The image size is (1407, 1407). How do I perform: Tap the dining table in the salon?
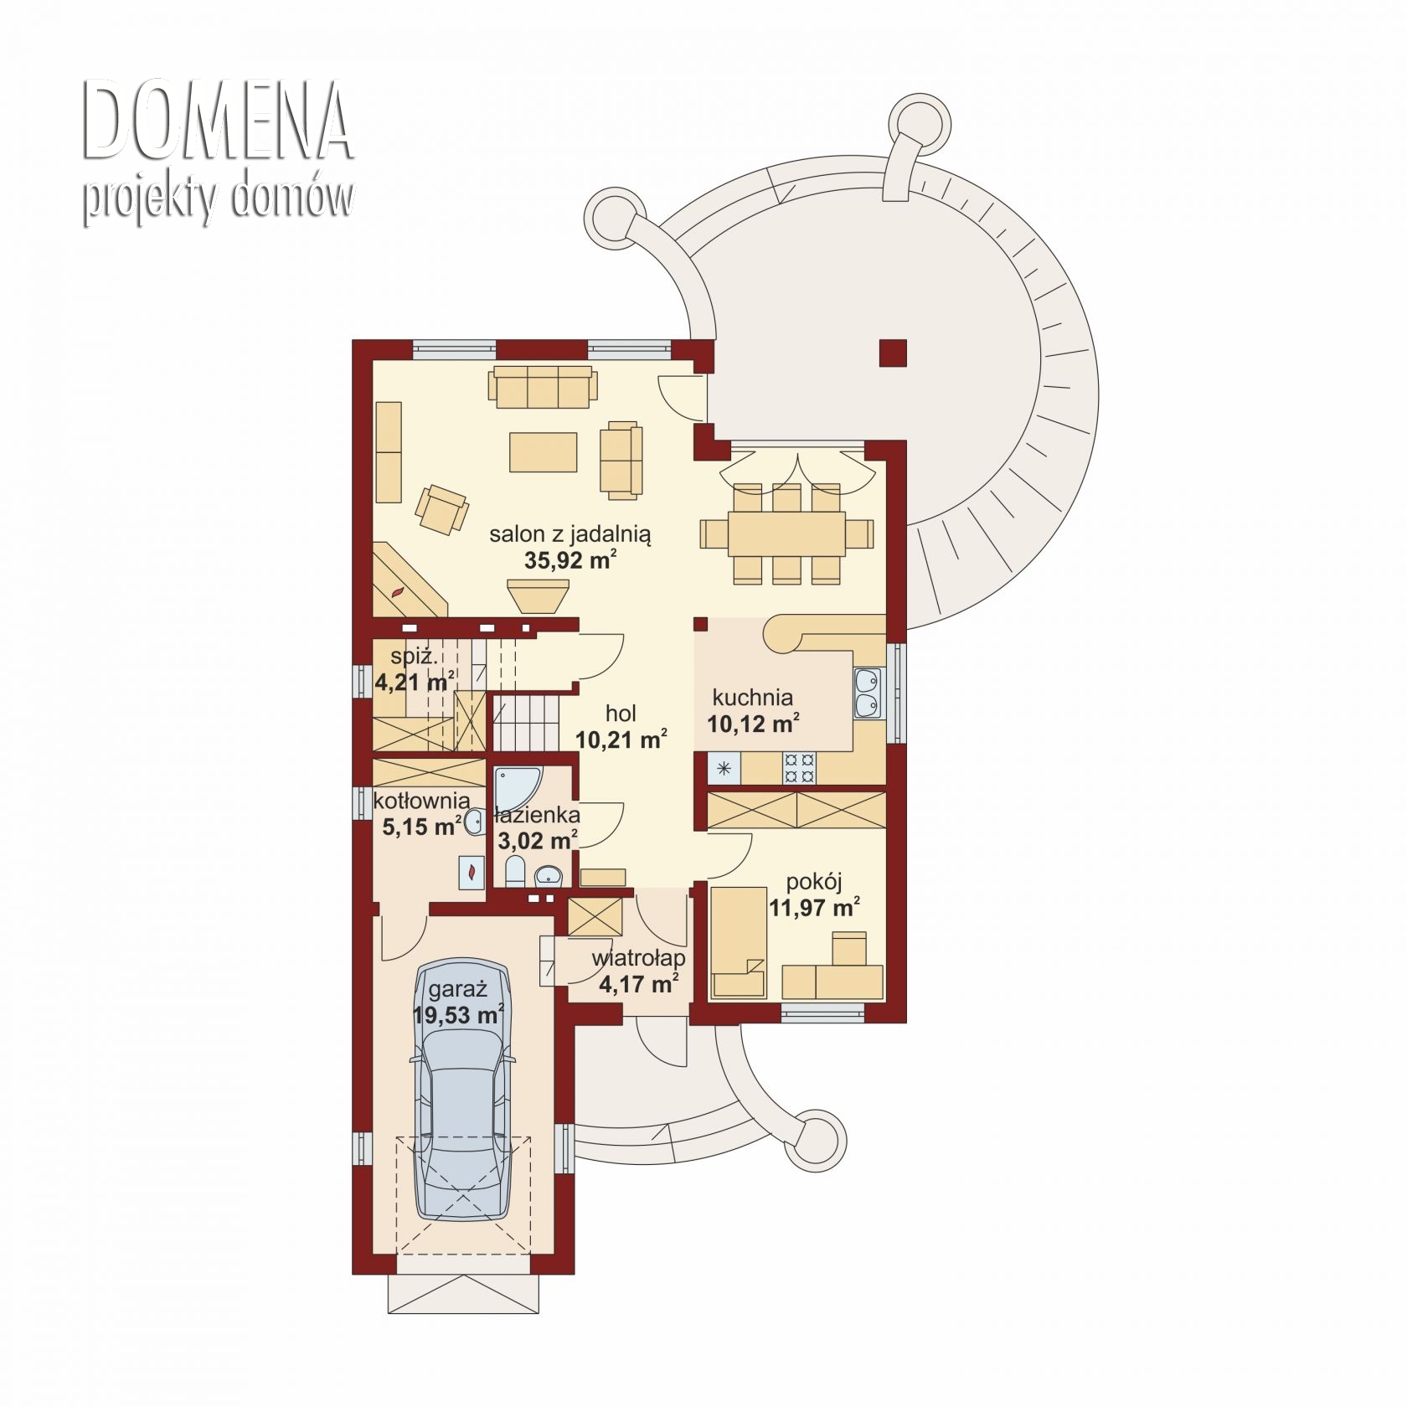786,533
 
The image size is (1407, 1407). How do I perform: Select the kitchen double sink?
866,693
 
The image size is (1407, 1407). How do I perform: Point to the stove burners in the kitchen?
798,769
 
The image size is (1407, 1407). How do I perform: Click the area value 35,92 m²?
570,560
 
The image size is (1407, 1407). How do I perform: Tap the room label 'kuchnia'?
752,697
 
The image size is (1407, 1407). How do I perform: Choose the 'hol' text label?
621,714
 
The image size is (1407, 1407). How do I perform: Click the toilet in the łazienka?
515,871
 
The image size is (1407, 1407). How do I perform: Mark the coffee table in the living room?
543,452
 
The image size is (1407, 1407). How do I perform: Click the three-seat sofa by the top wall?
543,386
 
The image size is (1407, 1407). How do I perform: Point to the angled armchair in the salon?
442,508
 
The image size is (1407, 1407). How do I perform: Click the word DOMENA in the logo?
217,121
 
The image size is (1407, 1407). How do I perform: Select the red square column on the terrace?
893,353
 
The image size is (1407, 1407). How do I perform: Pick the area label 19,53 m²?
458,1015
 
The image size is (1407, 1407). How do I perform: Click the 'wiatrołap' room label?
638,958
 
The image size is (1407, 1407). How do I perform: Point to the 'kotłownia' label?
421,801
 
